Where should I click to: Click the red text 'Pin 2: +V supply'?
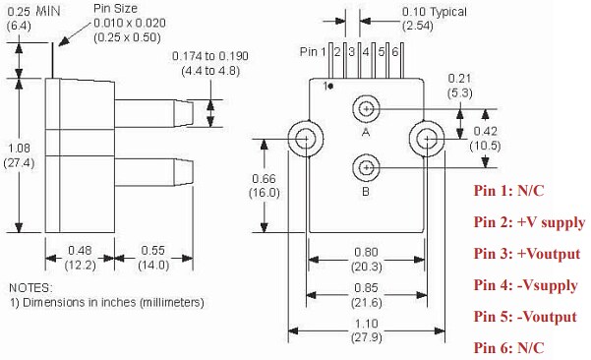[x=528, y=222]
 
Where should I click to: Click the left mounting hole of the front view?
[x=304, y=138]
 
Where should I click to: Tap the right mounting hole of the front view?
[x=430, y=138]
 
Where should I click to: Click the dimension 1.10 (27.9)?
[x=366, y=330]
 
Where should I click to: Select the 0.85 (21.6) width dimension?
[x=366, y=291]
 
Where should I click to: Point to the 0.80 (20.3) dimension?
[x=366, y=257]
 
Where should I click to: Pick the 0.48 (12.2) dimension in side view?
[x=79, y=259]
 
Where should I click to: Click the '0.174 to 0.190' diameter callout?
[x=209, y=64]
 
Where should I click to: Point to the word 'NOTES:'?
[x=32, y=287]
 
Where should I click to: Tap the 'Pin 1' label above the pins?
[x=311, y=51]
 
